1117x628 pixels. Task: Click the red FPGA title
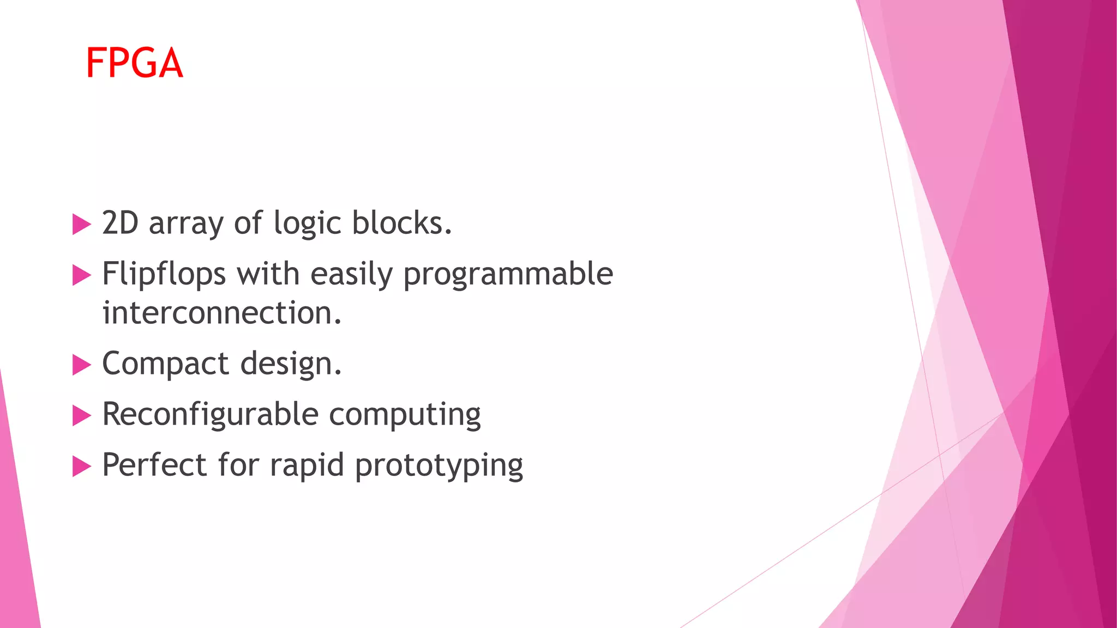(x=134, y=63)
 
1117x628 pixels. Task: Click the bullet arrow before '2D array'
(x=81, y=224)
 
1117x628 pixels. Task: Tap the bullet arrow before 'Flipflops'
(x=81, y=275)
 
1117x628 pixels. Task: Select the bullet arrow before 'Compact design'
(x=81, y=365)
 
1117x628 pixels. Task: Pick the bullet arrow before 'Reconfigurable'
(x=81, y=416)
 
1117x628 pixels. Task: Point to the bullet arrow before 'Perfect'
(x=81, y=467)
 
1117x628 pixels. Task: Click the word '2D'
(x=121, y=223)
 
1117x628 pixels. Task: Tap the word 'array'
(x=186, y=225)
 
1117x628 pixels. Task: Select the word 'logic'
(x=307, y=224)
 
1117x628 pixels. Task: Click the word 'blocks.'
(x=402, y=223)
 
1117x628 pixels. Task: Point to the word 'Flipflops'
(x=164, y=274)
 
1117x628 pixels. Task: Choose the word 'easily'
(x=351, y=274)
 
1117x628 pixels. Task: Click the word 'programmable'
(x=508, y=274)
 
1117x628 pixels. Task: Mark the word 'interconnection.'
(x=222, y=313)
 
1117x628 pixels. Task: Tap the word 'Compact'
(x=166, y=364)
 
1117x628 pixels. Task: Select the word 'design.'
(x=291, y=364)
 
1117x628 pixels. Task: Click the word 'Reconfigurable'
(x=210, y=414)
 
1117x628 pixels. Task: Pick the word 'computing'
(x=405, y=416)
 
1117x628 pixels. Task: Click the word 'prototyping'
(x=439, y=467)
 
